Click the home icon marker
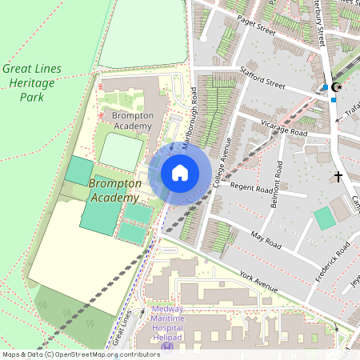(180, 172)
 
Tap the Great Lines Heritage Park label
(31, 83)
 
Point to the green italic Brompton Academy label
(115, 190)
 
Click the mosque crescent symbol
(337, 86)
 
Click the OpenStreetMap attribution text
(81, 354)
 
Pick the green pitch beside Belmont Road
(324, 218)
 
